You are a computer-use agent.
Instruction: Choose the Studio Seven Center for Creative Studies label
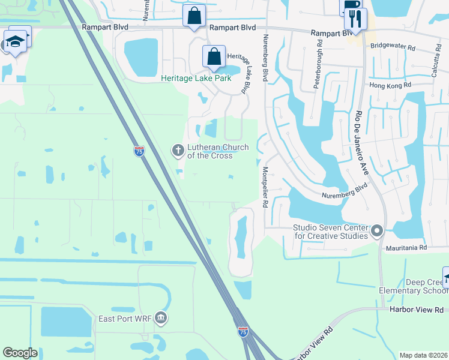pyautogui.click(x=330, y=232)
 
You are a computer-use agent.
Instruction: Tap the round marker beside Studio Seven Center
pyautogui.click(x=377, y=231)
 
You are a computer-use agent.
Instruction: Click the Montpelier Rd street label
pyautogui.click(x=265, y=187)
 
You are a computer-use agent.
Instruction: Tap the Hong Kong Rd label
pyautogui.click(x=390, y=85)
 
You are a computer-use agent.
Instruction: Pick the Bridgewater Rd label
pyautogui.click(x=393, y=46)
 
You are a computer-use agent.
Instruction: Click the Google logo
pyautogui.click(x=20, y=353)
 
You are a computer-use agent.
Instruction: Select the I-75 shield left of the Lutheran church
pyautogui.click(x=139, y=152)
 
